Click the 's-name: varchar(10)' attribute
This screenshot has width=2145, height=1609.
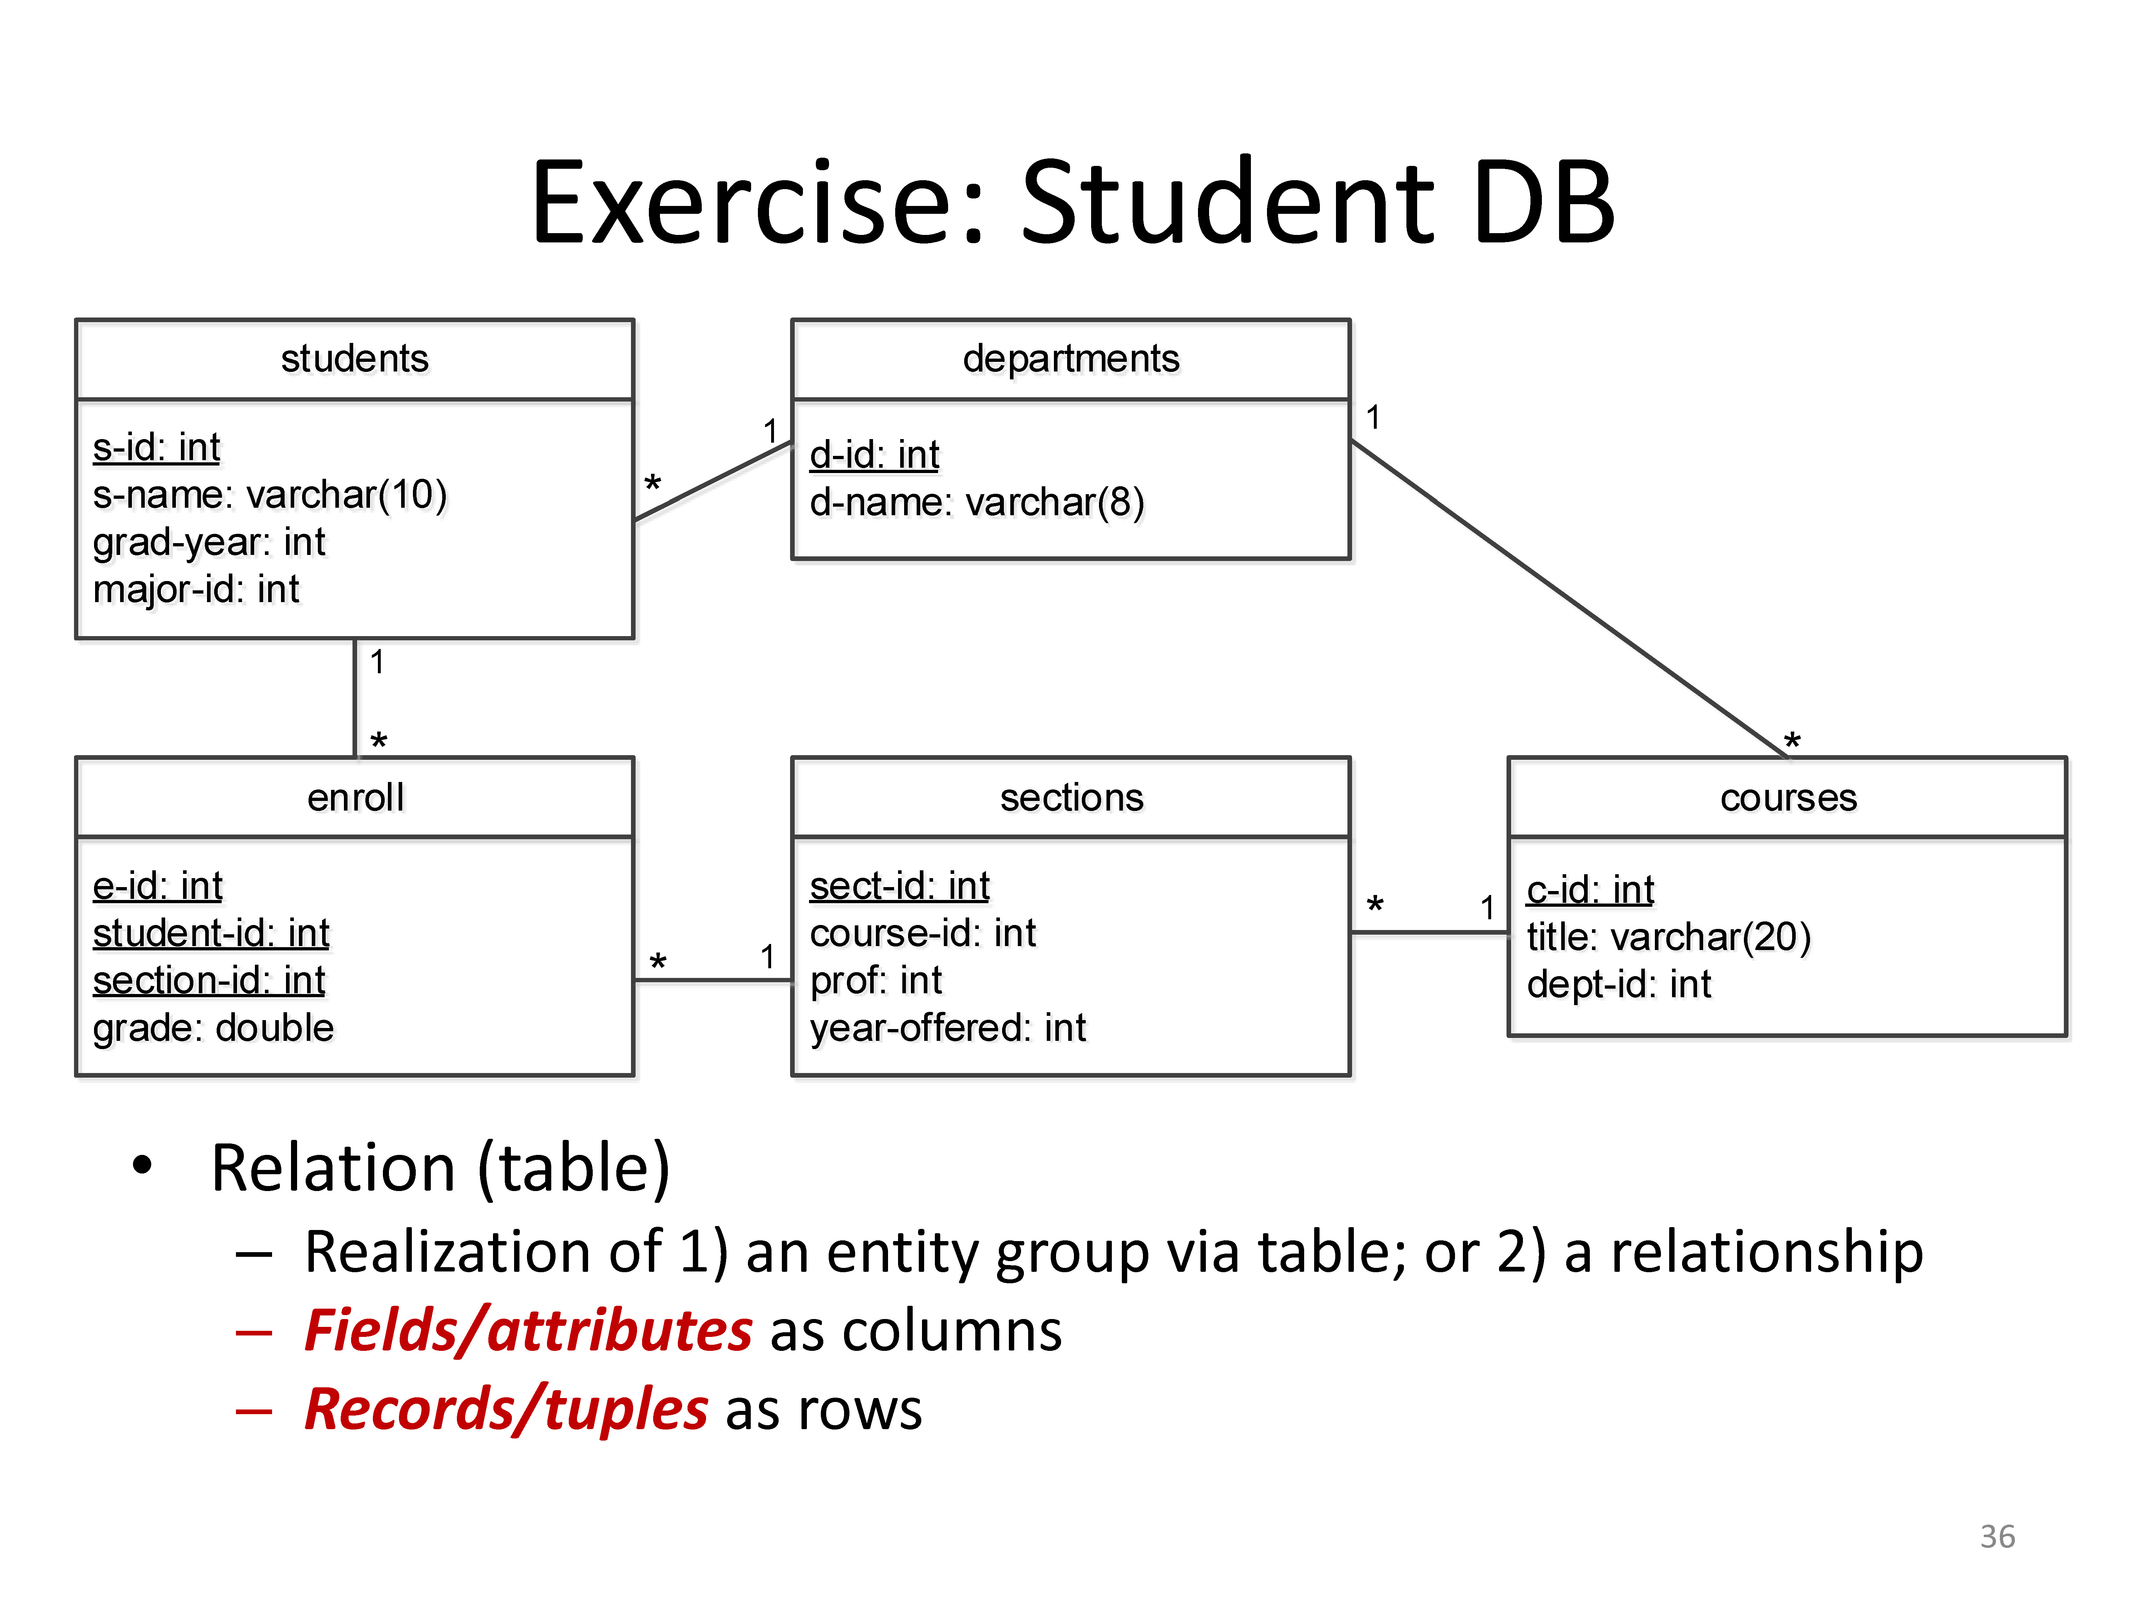pos(270,494)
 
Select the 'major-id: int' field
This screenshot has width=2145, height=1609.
pos(196,589)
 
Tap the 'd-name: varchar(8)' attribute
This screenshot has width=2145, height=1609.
pos(976,502)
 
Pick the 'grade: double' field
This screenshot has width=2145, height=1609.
pos(213,1028)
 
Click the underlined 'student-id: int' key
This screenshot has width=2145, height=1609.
pos(211,933)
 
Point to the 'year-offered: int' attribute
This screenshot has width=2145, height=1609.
pos(947,1028)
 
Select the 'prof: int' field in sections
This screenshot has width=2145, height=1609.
pos(876,980)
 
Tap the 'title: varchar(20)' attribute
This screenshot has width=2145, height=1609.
pos(1668,937)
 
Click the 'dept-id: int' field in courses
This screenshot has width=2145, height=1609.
pos(1618,984)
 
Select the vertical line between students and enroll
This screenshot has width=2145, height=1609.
pos(355,698)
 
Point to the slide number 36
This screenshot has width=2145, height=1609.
pos(1997,1536)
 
